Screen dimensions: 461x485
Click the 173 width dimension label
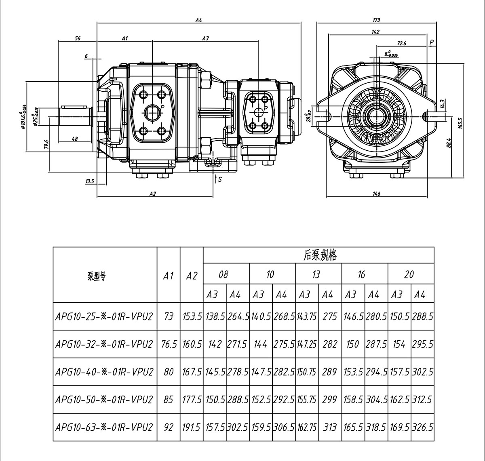[x=376, y=20]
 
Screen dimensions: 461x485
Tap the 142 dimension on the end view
[x=375, y=32]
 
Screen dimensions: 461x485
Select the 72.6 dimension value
[x=401, y=43]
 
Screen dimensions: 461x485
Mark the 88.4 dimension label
[x=449, y=143]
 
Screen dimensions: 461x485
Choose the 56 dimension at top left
[x=78, y=38]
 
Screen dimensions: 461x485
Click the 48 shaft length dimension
[x=75, y=139]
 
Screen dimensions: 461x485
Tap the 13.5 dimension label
[x=89, y=181]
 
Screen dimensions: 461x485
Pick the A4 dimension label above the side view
[x=198, y=20]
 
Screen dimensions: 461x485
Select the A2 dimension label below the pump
[x=153, y=194]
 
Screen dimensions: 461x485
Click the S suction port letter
[x=219, y=179]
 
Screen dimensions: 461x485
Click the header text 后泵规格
[x=320, y=255]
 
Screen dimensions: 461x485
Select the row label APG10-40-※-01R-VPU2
[x=104, y=372]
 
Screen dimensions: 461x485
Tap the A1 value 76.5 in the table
[x=169, y=344]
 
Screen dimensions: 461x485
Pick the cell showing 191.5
[x=192, y=427]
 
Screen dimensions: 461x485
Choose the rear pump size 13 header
[x=316, y=275]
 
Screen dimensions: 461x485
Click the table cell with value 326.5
[x=422, y=427]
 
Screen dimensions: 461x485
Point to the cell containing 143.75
[x=307, y=317]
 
